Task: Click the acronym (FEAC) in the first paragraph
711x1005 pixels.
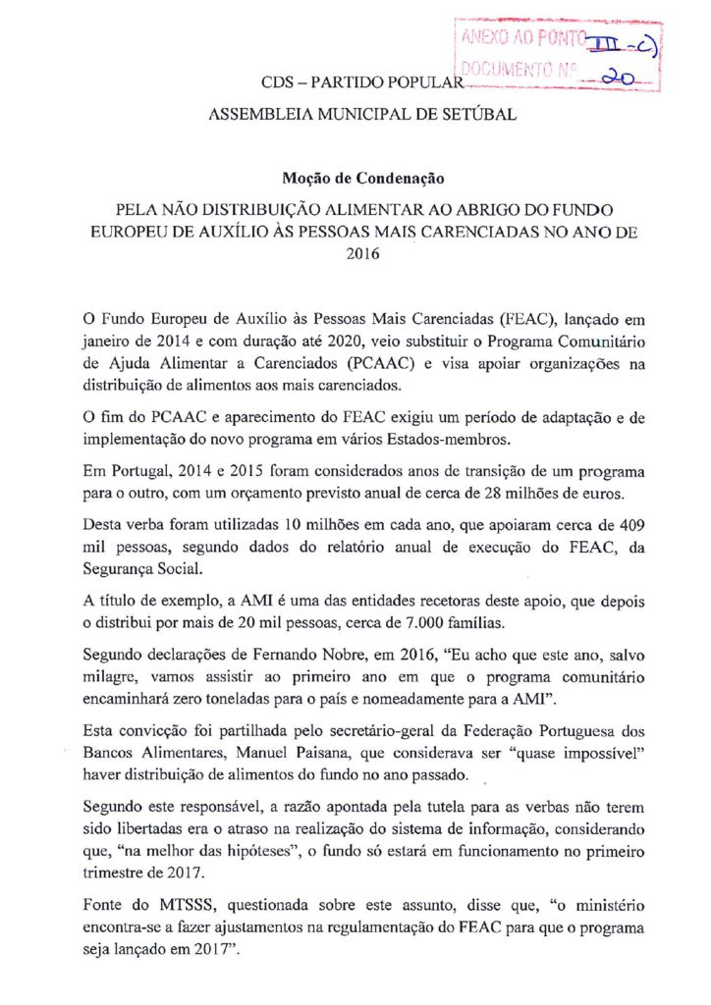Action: click(527, 319)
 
